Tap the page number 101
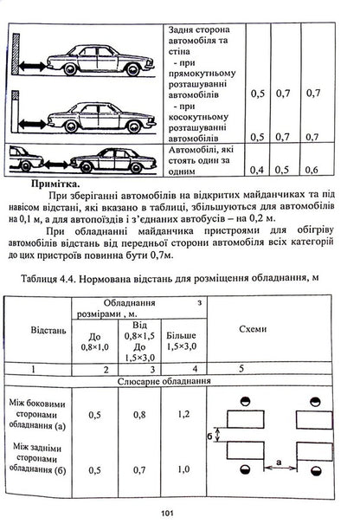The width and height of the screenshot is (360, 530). coord(179,511)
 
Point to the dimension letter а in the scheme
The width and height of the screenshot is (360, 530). coord(280,463)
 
